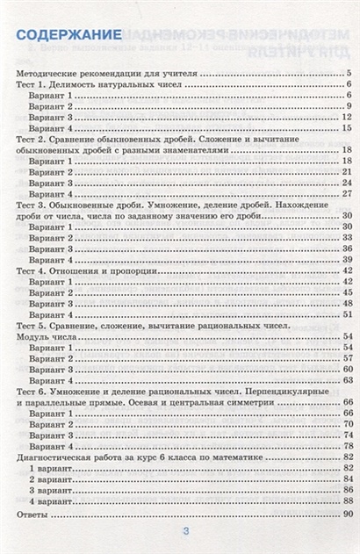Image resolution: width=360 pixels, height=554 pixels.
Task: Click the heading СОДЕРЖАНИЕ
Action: [x=69, y=34]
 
